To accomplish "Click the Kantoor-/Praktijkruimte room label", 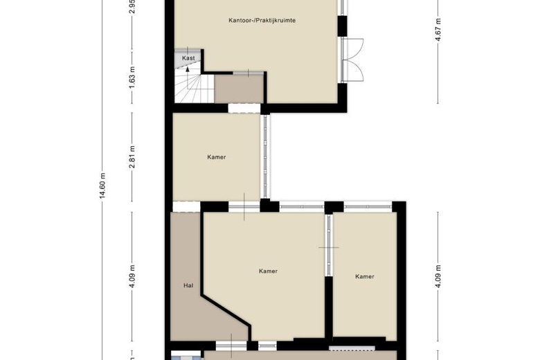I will (x=262, y=21).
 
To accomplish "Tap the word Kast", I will (x=188, y=59).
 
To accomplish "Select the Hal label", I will (x=187, y=285).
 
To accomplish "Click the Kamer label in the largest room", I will (x=268, y=271).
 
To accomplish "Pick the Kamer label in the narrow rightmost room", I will (x=365, y=276).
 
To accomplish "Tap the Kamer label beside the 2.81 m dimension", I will (x=217, y=157).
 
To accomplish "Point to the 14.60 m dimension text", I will (x=102, y=185).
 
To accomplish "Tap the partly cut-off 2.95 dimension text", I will (x=132, y=7).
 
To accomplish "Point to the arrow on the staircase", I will (x=188, y=70).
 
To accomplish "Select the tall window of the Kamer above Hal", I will (x=264, y=156).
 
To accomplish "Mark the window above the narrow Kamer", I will (x=368, y=206).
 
